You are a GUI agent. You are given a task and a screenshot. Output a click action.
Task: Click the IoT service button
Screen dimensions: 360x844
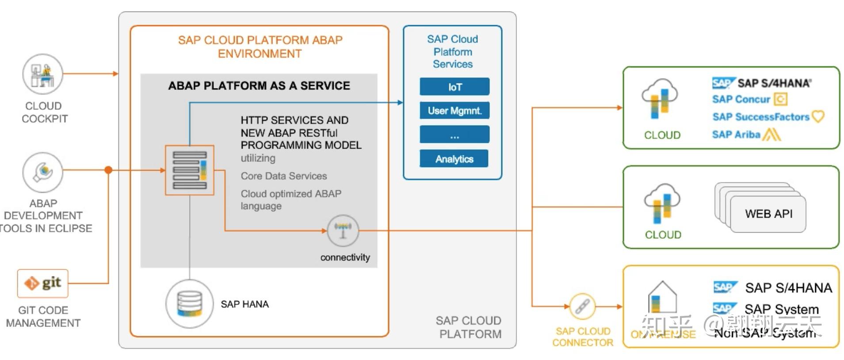click(454, 87)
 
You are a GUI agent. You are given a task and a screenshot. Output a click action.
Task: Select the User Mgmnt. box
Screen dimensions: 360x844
click(454, 111)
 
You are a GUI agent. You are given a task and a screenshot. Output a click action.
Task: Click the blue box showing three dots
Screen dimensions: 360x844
click(454, 134)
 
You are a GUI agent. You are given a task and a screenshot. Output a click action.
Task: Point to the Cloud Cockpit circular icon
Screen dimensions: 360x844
click(42, 74)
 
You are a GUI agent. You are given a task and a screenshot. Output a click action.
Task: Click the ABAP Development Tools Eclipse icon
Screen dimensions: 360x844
click(42, 172)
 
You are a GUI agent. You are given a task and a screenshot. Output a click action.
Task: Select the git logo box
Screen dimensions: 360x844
click(43, 283)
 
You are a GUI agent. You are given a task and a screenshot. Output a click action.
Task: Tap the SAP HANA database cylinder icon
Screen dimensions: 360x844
click(189, 304)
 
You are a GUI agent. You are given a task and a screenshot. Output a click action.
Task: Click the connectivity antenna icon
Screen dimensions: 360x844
click(343, 230)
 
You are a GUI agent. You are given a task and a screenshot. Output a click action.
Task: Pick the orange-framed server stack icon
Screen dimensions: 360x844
click(190, 170)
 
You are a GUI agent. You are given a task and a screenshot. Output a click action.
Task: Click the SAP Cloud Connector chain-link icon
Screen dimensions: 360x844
click(582, 306)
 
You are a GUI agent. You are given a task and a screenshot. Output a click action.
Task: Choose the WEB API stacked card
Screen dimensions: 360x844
click(768, 214)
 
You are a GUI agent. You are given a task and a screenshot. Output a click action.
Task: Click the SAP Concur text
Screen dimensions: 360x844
click(741, 100)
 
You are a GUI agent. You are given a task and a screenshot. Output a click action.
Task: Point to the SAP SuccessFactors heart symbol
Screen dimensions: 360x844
click(818, 117)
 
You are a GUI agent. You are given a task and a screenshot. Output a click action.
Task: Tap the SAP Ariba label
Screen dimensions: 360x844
click(736, 134)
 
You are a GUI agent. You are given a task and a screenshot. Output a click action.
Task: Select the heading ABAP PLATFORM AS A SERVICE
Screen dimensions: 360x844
click(259, 86)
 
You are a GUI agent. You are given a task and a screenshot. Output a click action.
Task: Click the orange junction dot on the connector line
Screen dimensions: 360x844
click(108, 170)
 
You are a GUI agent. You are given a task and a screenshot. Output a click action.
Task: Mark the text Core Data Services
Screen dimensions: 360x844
click(283, 176)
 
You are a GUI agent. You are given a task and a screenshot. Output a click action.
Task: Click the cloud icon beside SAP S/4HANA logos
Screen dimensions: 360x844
click(660, 99)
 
